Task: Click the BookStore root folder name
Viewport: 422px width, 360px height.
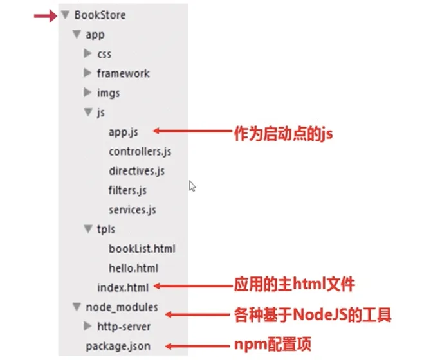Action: tap(100, 15)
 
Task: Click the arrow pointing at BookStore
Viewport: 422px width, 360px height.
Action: tap(46, 15)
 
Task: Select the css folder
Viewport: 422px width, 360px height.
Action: tap(104, 55)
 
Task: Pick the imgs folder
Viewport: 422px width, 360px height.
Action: tap(108, 93)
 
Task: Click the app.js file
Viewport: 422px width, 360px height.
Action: tap(124, 132)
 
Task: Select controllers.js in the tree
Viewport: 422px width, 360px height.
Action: tap(140, 152)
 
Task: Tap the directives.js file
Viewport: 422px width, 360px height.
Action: tap(136, 171)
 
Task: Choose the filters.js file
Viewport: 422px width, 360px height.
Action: tap(127, 190)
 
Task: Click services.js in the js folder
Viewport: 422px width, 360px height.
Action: tap(133, 210)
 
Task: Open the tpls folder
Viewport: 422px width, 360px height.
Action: tap(105, 230)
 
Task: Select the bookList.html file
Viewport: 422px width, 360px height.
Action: tap(142, 249)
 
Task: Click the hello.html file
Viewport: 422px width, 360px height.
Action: tap(133, 268)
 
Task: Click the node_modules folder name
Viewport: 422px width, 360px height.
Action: tap(122, 307)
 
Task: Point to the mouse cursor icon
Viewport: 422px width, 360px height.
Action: tap(192, 186)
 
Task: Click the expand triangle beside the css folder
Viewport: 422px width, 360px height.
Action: tap(88, 55)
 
